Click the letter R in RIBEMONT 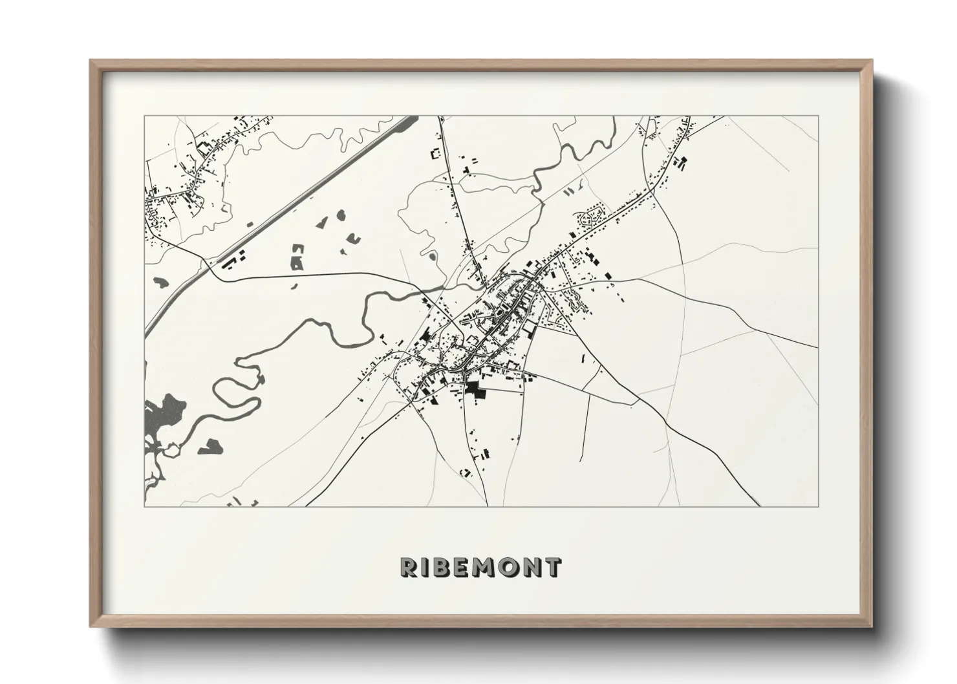coord(409,567)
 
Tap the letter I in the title coord(427,567)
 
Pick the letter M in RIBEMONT coord(489,567)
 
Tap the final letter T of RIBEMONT coord(554,567)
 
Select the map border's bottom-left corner coord(145,506)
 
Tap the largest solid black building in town coord(475,389)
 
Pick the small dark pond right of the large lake coord(210,445)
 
